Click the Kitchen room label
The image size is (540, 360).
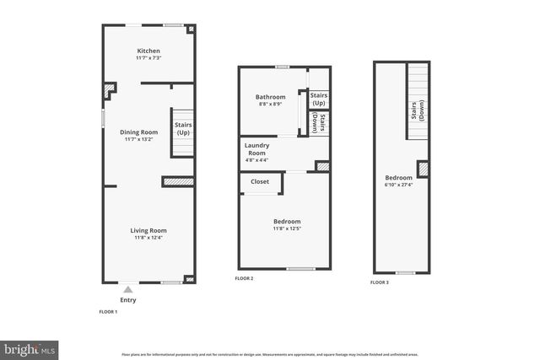148,50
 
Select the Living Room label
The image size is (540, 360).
148,230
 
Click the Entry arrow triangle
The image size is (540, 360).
128,289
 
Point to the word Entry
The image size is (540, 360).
128,299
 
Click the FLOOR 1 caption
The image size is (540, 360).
109,312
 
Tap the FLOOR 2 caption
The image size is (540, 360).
244,278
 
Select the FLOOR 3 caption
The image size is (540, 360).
380,282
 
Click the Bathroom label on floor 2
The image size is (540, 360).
271,97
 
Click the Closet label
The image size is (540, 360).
260,181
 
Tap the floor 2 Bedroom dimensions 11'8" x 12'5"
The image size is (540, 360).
286,228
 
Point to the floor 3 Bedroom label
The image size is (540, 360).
398,178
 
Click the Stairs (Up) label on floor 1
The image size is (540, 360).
183,129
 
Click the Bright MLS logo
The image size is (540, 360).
30,348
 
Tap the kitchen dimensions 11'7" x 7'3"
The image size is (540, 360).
148,57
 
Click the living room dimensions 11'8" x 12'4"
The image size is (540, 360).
148,238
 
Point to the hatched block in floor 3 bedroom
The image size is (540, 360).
424,169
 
